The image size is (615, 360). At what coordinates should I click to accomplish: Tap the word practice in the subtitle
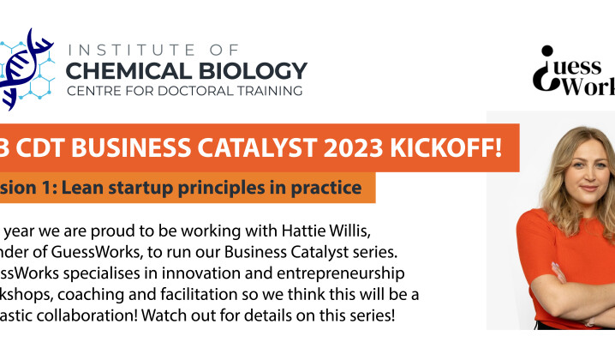click(324, 187)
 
